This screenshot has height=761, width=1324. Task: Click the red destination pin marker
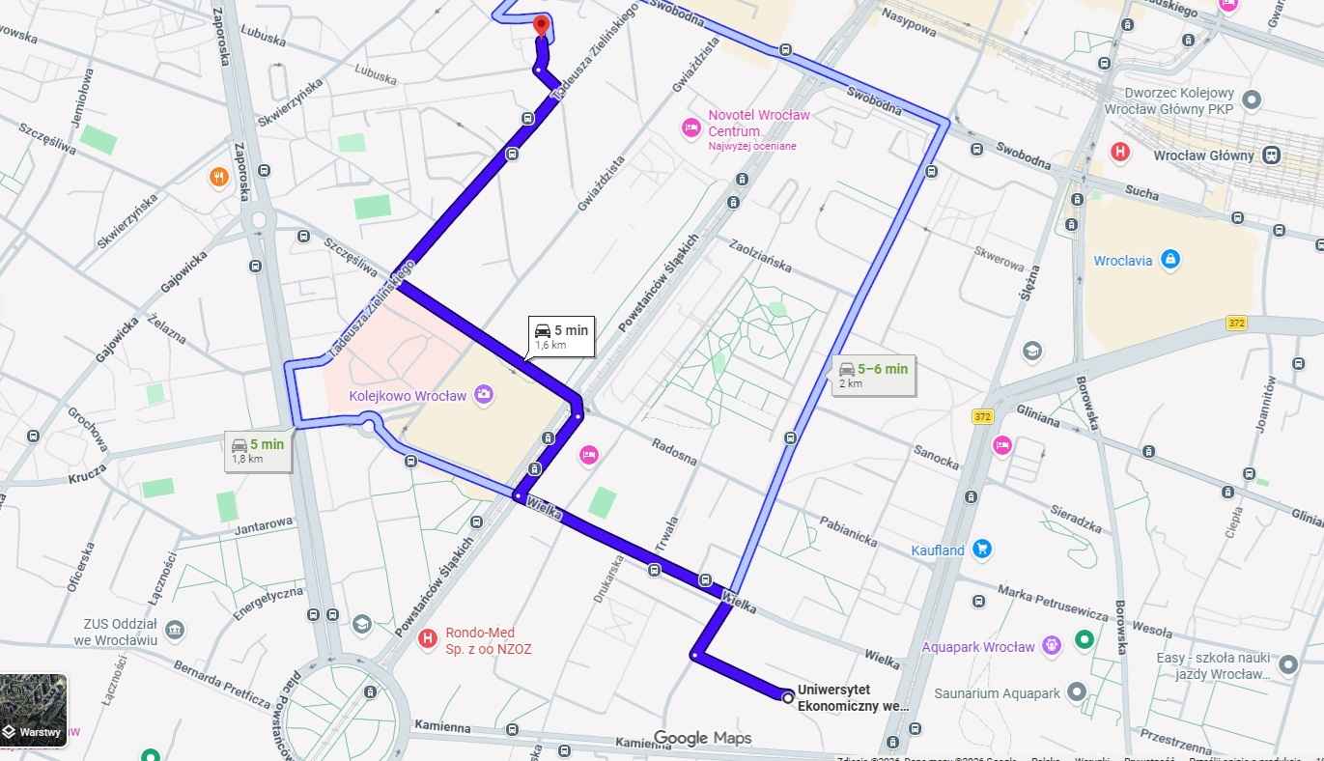(x=541, y=25)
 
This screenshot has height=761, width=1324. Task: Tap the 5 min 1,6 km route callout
(x=560, y=336)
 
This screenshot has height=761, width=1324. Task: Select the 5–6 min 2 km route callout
(x=872, y=375)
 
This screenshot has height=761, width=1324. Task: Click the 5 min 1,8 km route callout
(x=258, y=450)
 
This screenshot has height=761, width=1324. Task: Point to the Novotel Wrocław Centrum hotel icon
(x=690, y=126)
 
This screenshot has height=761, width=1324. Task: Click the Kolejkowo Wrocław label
(x=422, y=396)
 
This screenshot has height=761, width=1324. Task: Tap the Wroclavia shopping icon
(x=1170, y=259)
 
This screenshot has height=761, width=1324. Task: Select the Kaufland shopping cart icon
(x=982, y=550)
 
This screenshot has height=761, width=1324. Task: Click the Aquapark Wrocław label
(x=978, y=647)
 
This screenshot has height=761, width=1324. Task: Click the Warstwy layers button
(x=34, y=711)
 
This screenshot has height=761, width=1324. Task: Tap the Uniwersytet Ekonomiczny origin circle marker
(x=788, y=697)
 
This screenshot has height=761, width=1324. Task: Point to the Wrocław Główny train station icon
(x=1273, y=155)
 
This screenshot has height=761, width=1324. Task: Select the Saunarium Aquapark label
(x=997, y=693)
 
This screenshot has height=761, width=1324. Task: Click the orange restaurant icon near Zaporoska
(x=219, y=177)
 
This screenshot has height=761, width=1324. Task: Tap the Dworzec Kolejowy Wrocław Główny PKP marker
(x=1252, y=99)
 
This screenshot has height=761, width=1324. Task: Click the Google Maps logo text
(x=702, y=739)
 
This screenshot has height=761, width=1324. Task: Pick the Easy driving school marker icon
(x=1287, y=664)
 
